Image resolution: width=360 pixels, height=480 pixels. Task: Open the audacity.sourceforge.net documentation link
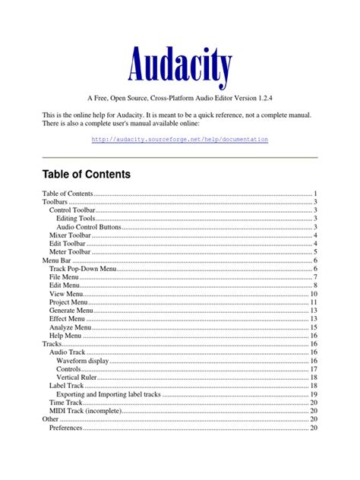[179, 140]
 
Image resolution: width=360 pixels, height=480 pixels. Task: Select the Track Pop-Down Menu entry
[83, 269]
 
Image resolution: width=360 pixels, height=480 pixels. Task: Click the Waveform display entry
[82, 361]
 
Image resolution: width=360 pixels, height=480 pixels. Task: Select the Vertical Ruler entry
[77, 377]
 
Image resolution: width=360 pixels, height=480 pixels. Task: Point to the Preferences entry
[66, 428]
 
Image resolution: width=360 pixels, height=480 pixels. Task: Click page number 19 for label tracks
[313, 394]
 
